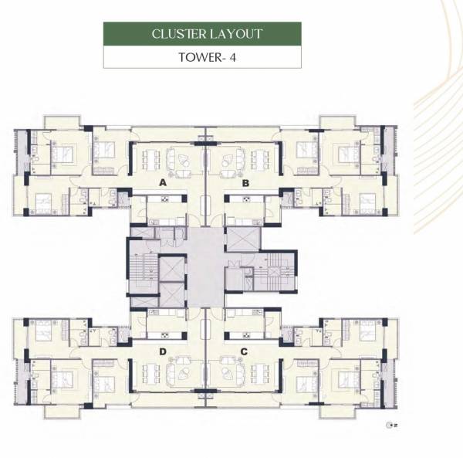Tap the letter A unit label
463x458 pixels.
click(x=163, y=183)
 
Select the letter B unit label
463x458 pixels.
click(x=245, y=183)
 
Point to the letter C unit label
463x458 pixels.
click(x=245, y=352)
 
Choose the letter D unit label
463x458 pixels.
click(x=163, y=352)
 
